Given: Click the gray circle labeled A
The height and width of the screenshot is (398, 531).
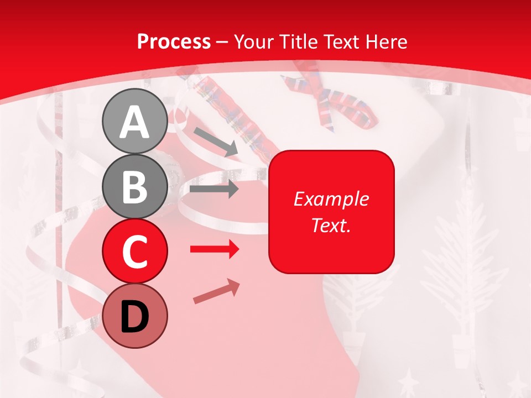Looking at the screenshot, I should point(135,122).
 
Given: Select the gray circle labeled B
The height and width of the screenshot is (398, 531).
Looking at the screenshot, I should point(135,187).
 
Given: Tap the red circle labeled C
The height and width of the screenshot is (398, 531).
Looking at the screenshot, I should point(135,252).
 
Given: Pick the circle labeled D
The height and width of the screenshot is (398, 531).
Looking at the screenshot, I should point(135,316).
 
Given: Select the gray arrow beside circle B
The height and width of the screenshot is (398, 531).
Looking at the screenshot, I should point(214,190).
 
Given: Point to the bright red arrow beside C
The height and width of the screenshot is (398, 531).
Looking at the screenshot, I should point(215,250).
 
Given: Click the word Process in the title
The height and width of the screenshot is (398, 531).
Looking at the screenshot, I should point(174,41).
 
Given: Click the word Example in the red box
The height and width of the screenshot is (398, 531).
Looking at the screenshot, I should point(331,199).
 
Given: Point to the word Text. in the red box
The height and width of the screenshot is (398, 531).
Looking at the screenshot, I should point(331,225).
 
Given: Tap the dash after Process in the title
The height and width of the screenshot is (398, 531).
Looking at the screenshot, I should point(222,42).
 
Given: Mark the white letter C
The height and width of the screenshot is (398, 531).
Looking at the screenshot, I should point(135,252).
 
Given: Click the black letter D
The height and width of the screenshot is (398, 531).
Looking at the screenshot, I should point(135,317).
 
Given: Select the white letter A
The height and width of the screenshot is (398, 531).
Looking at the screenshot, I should point(135,122).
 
